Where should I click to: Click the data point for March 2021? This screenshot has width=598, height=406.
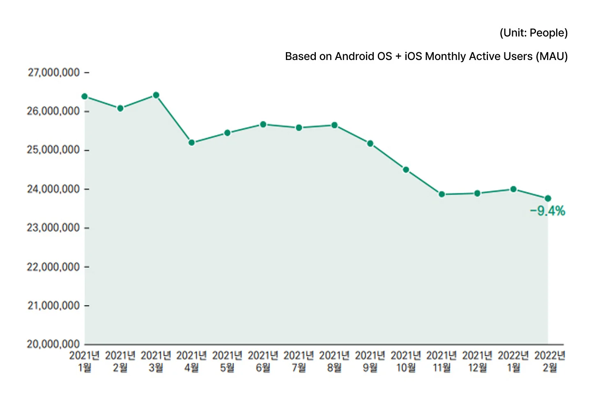tap(156, 95)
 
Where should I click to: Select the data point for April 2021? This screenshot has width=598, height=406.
tap(191, 143)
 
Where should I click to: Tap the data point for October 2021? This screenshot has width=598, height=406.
tap(406, 170)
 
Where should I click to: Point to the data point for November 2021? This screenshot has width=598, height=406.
tap(442, 194)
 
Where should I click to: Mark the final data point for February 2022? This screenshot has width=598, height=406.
tap(548, 198)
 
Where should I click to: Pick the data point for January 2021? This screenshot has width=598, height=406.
tap(85, 97)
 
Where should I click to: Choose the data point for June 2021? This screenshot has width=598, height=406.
tap(263, 125)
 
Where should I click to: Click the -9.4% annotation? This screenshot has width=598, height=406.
tap(547, 211)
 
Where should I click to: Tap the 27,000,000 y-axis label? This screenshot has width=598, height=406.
tap(53, 73)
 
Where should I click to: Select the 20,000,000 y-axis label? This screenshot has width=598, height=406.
tap(53, 344)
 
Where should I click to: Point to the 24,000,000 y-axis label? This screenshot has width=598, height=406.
tap(53, 189)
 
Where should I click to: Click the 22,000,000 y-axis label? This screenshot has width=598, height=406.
tap(53, 267)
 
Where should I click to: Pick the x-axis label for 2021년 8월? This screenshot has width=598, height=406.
tap(334, 361)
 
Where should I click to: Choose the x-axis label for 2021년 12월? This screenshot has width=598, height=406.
tap(477, 361)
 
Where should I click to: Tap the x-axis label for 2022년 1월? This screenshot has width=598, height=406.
tap(513, 361)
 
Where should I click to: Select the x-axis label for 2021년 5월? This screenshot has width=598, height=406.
tap(227, 361)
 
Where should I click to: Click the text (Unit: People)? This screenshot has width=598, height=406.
tap(534, 33)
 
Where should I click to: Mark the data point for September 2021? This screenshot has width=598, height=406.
tap(370, 143)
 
